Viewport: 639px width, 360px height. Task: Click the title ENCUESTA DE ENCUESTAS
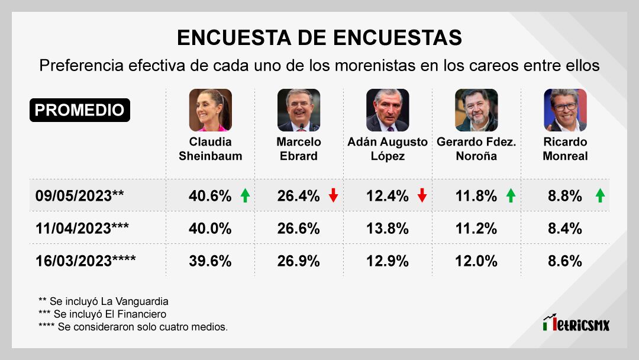point(319,38)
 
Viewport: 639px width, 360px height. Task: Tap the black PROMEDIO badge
point(79,110)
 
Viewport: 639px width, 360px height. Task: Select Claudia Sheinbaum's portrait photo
point(210,110)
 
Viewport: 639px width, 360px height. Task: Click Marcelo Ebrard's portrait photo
point(299,110)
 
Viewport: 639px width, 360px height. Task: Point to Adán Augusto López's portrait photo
point(388,110)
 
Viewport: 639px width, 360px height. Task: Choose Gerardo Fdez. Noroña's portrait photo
point(476,110)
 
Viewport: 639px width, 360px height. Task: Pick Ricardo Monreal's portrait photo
point(565,110)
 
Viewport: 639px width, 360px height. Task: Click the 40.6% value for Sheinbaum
point(210,196)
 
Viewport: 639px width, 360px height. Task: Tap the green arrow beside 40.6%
point(245,196)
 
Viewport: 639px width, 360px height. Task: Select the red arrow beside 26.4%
point(334,196)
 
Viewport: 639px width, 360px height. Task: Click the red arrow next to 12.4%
point(422,196)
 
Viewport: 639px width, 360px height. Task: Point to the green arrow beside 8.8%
point(600,196)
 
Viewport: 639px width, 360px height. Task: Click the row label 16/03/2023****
point(85,261)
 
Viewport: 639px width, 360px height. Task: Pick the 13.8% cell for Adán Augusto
point(387,229)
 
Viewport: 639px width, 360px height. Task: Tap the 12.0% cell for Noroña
point(476,261)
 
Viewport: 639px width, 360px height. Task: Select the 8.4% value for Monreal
point(565,229)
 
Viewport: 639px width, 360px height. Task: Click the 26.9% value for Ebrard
point(298,261)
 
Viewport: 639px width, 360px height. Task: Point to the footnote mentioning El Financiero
point(102,314)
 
